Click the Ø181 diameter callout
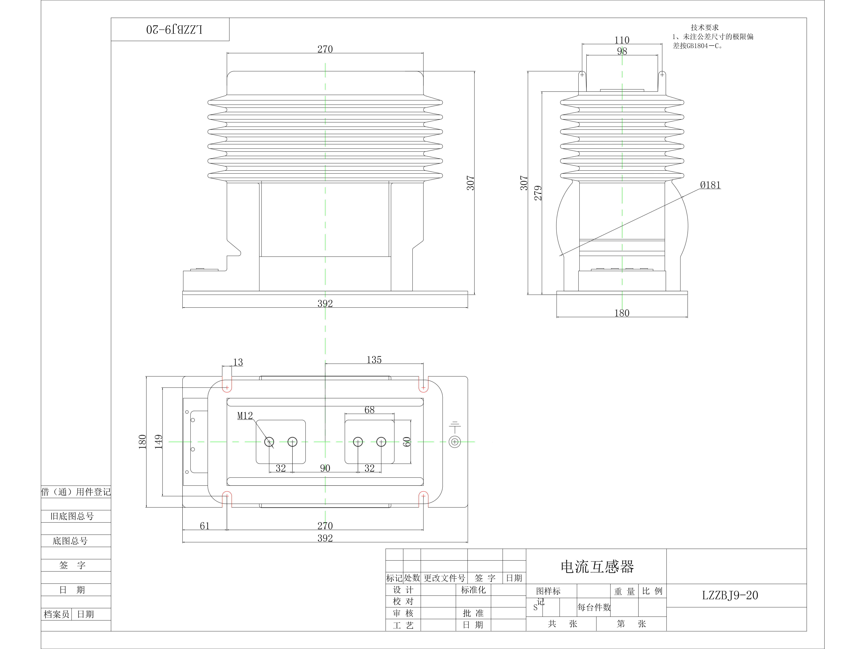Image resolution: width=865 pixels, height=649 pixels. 710,185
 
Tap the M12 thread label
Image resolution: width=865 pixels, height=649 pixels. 245,416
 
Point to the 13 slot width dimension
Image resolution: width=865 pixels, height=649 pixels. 238,362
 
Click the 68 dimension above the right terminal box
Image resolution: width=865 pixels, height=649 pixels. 369,410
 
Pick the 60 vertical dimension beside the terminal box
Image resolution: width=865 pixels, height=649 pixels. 407,442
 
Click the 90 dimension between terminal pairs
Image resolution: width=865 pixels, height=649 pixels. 325,468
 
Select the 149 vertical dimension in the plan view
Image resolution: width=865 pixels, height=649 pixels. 158,442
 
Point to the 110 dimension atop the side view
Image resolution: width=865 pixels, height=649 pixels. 622,40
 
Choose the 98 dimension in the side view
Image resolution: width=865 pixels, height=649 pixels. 622,51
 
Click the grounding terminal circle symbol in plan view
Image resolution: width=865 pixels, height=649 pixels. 454,442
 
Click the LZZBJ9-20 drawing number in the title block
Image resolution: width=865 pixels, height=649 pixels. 730,595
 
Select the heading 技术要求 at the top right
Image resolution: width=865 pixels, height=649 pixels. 705,27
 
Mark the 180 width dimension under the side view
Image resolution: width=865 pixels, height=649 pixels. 622,313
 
